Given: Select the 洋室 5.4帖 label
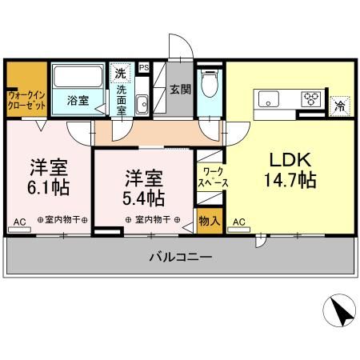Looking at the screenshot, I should (x=144, y=186).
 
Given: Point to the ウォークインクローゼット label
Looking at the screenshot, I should (x=26, y=101).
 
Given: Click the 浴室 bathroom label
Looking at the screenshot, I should (x=78, y=102).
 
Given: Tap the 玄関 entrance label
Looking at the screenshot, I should (x=179, y=90).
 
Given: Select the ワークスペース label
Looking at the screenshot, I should (x=213, y=177).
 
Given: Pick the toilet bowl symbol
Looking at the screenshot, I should (x=210, y=82).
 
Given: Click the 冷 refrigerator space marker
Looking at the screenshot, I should (x=340, y=104).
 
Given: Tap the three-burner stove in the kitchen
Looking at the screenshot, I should (x=310, y=99).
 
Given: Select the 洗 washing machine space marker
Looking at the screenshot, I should (x=120, y=74).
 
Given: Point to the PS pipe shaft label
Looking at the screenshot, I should (x=145, y=68).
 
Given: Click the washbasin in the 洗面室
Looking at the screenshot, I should (x=142, y=103).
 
